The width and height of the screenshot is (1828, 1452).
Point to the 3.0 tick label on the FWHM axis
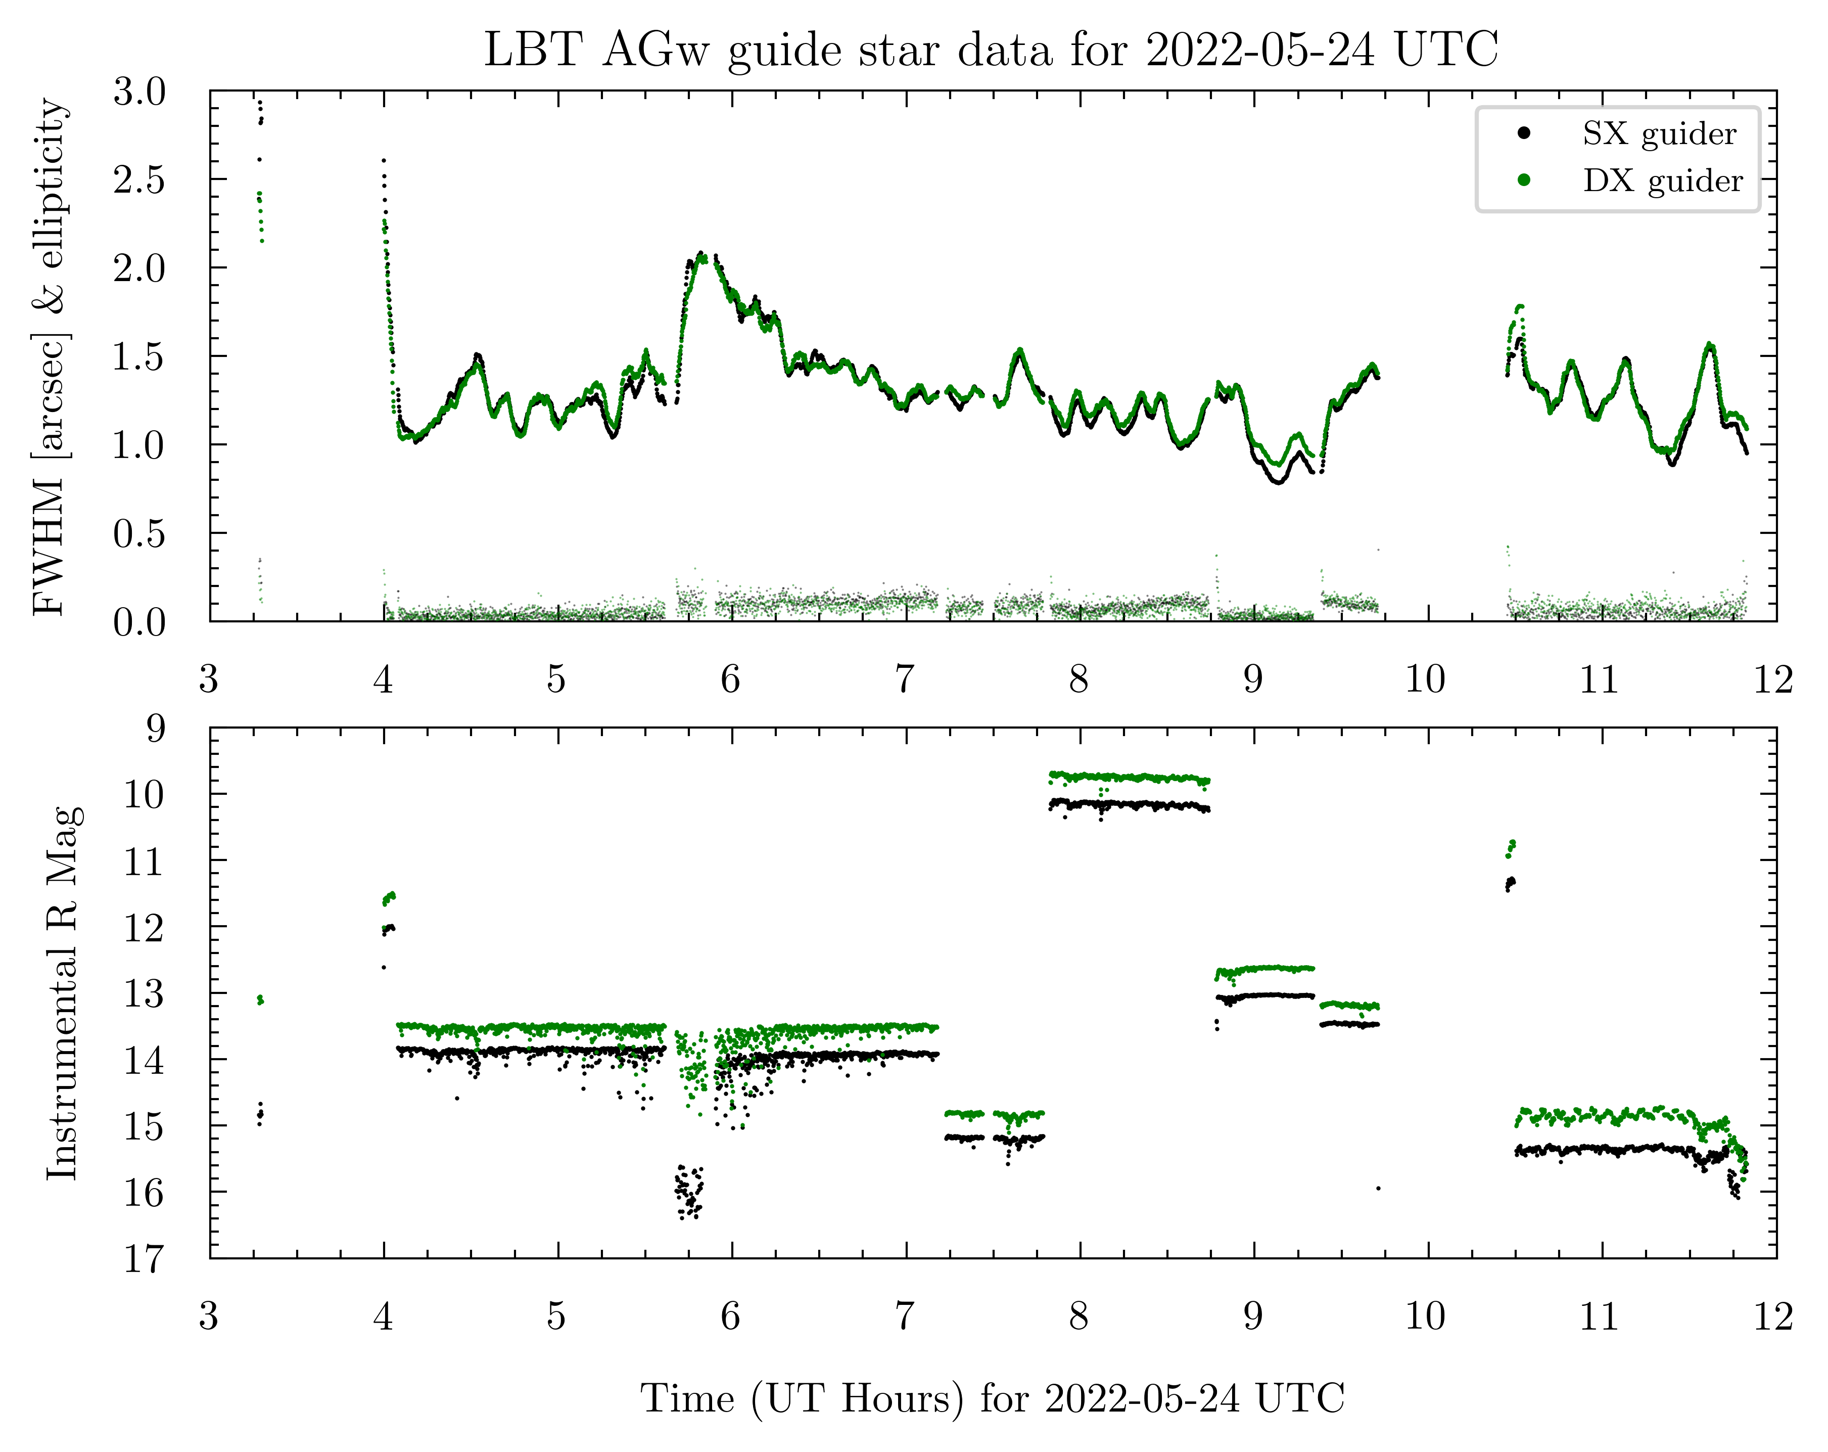click(x=140, y=92)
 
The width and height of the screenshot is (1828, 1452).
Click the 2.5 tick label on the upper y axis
click(x=140, y=180)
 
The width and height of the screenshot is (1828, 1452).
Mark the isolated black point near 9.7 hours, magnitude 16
click(x=1378, y=1188)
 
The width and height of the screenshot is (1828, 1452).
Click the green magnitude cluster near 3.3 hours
click(x=260, y=1000)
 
